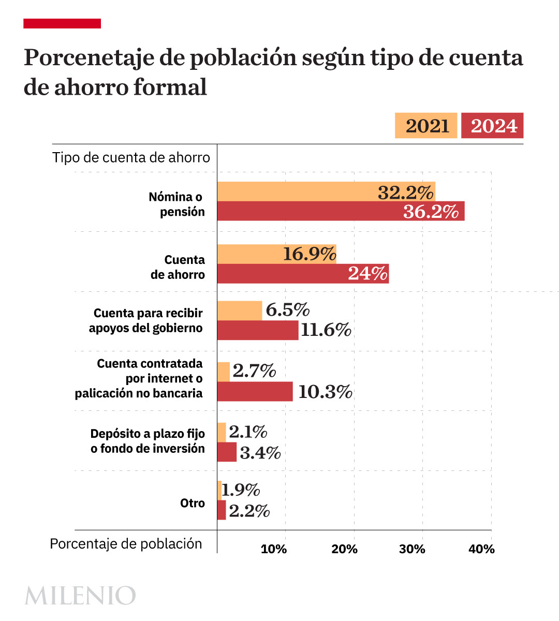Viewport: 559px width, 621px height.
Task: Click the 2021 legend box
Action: coord(426,126)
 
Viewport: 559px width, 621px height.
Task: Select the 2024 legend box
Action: coord(492,126)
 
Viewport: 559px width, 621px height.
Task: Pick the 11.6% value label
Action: coord(326,330)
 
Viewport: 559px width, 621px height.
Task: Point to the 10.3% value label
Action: coord(325,392)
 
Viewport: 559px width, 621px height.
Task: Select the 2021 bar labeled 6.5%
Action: coord(239,310)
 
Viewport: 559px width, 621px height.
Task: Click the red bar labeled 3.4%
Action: coord(227,452)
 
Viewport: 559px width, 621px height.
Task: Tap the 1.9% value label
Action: coord(241,490)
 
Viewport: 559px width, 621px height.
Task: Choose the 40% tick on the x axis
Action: coord(481,549)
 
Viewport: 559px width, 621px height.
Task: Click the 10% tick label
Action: coord(273,549)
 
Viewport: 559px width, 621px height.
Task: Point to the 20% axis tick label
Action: coord(344,549)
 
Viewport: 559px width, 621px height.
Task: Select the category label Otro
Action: coord(193,503)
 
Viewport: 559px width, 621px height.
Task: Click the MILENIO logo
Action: coord(80,596)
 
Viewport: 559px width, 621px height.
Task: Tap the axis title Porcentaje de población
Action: coord(126,543)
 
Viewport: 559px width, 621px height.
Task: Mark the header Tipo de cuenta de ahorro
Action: coord(131,157)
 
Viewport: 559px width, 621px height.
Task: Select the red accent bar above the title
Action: coord(62,23)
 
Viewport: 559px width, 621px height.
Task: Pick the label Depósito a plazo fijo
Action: coord(148,434)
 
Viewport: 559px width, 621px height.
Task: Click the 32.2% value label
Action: coord(405,193)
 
